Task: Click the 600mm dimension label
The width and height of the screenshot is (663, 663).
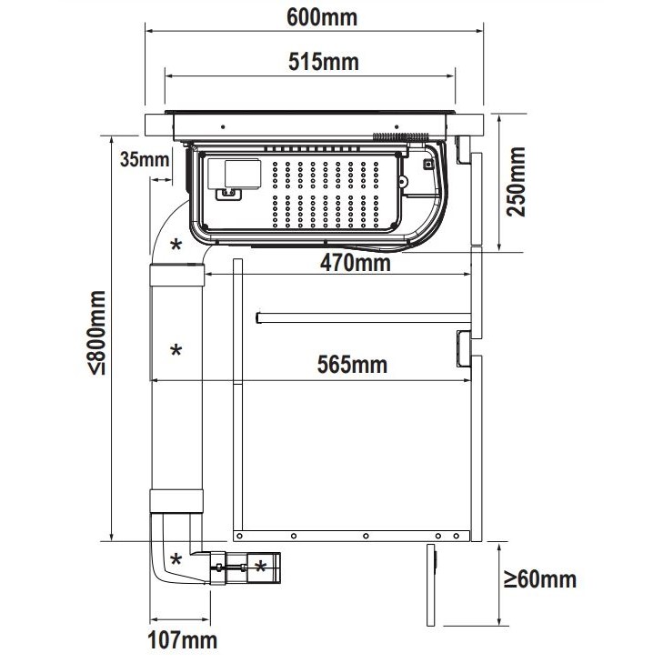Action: (x=322, y=18)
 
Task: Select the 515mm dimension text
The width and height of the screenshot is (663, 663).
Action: (x=324, y=62)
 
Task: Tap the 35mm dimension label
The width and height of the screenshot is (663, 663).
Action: (x=145, y=159)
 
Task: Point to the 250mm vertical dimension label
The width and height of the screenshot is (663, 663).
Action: (x=517, y=182)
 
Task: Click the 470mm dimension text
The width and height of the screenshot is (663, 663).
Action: (x=356, y=263)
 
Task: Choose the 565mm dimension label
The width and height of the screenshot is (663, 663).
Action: (x=352, y=365)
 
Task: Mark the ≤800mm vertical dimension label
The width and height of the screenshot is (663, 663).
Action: (x=96, y=333)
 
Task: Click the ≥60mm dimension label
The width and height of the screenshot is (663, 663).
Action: (x=540, y=578)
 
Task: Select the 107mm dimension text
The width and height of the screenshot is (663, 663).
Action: (x=182, y=640)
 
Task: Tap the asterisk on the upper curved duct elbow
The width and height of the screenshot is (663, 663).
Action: (x=176, y=245)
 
